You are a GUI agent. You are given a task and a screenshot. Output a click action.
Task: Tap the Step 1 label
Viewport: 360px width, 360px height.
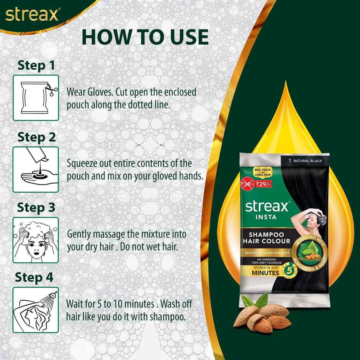36,65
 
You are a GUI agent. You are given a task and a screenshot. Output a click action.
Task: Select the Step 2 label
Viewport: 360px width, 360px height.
37,137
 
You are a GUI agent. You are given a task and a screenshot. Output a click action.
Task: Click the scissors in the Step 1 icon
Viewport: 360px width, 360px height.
51,89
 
